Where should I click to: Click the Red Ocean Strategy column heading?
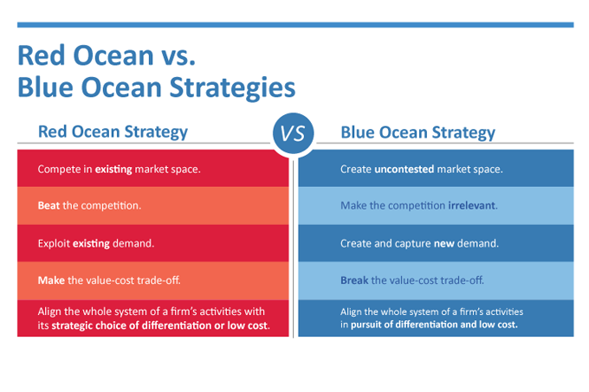113,132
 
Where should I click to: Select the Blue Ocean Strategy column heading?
417,132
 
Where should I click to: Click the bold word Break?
356,281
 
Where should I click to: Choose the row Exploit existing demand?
153,243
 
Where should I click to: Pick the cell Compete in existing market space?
153,169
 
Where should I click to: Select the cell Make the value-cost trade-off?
153,281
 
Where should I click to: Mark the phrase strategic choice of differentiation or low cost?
161,325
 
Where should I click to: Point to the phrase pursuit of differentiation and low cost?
434,325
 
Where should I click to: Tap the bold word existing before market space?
113,169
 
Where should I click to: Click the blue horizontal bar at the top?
294,25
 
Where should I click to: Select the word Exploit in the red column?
55,243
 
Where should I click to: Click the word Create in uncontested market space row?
356,169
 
